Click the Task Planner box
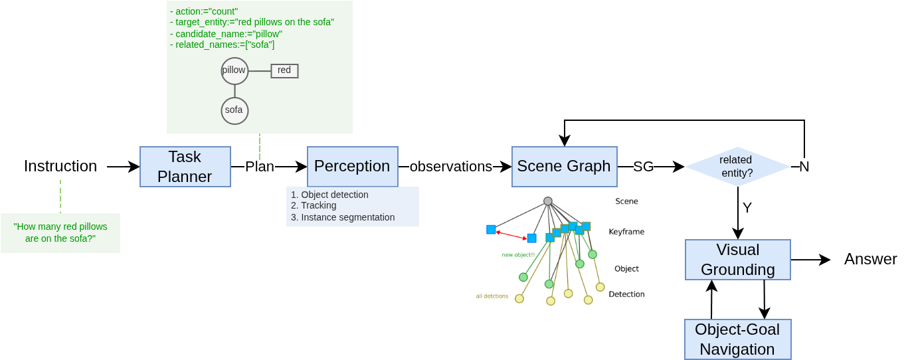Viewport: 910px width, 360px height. point(185,167)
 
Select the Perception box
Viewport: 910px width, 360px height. point(352,167)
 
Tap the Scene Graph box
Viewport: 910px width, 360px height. point(564,167)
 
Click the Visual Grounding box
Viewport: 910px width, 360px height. point(737,260)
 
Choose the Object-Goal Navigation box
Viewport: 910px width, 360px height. point(737,339)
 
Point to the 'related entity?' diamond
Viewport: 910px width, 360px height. point(737,167)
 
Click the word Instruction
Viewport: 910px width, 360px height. point(60,166)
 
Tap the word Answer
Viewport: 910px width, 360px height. point(870,259)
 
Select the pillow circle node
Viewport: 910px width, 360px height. point(234,71)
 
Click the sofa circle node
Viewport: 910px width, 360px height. point(234,111)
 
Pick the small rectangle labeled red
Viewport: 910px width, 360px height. point(284,71)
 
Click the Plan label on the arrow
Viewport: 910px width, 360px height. point(260,167)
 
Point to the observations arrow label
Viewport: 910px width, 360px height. point(450,167)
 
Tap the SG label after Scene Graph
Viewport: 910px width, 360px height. point(643,167)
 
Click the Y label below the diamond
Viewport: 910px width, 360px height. point(747,208)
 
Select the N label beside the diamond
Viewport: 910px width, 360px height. point(804,167)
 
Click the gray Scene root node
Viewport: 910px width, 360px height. point(548,201)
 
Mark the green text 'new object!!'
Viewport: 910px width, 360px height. point(518,254)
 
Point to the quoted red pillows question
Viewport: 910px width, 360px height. point(60,232)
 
